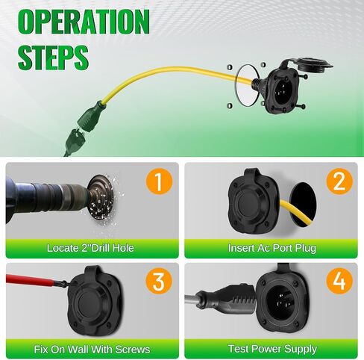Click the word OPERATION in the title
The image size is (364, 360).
[x=84, y=22]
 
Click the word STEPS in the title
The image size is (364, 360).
[x=53, y=58]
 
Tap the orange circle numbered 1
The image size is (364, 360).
[x=159, y=181]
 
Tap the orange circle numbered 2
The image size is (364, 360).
[x=339, y=181]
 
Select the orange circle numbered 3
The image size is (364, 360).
[x=159, y=281]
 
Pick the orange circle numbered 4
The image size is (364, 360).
[x=339, y=281]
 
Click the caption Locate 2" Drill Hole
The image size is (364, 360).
[x=90, y=248]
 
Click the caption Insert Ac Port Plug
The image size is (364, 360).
[x=272, y=248]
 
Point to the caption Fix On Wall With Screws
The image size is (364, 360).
[x=92, y=350]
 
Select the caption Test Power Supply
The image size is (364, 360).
[x=272, y=349]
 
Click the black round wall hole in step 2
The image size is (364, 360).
[x=304, y=205]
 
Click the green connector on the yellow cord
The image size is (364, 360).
[x=92, y=117]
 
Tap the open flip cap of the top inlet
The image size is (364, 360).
[x=311, y=65]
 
